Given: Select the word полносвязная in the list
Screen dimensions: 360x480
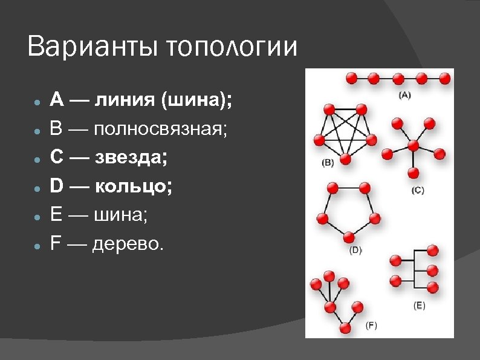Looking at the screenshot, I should [x=160, y=128].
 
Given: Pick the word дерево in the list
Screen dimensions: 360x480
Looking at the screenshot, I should [x=128, y=244].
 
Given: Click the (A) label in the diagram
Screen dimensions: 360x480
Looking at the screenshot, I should [x=404, y=94].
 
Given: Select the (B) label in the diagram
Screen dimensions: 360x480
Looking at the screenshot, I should [x=327, y=163].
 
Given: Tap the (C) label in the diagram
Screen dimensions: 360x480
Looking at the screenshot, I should [x=417, y=190].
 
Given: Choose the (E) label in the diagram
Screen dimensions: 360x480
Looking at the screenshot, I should [x=418, y=306].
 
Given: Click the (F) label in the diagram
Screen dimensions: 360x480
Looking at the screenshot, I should [x=371, y=326].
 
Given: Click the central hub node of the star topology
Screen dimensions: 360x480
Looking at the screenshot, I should [x=414, y=146].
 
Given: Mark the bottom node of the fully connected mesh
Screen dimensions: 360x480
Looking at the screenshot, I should [x=346, y=160].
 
